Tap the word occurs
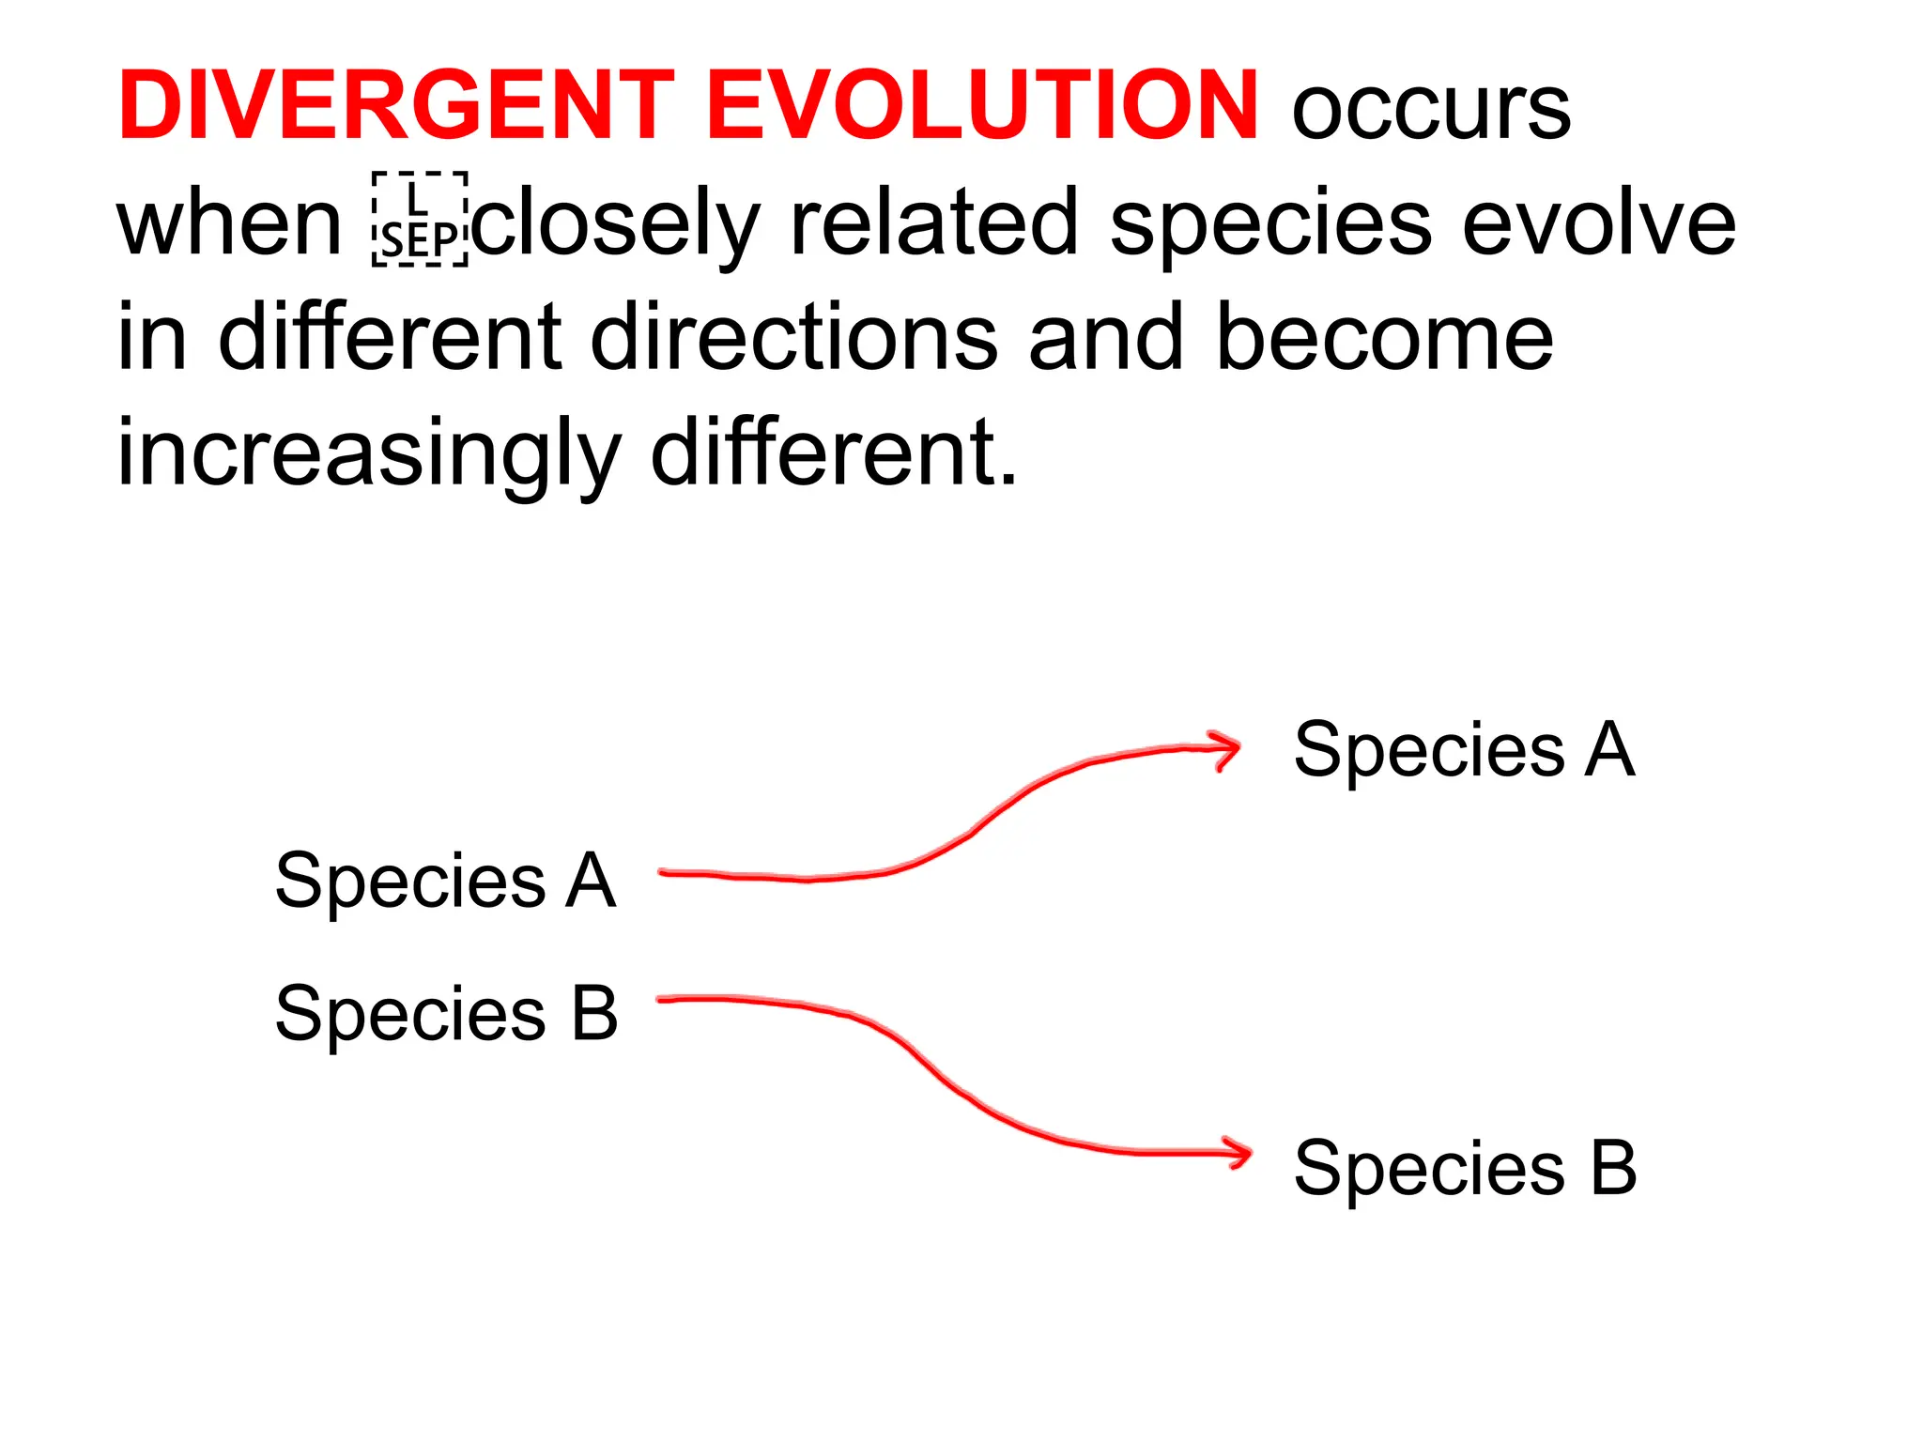[x=1431, y=110]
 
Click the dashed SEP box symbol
[x=420, y=220]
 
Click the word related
[x=934, y=223]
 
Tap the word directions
[x=794, y=338]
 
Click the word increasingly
[x=368, y=454]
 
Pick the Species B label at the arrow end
[x=1465, y=1168]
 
